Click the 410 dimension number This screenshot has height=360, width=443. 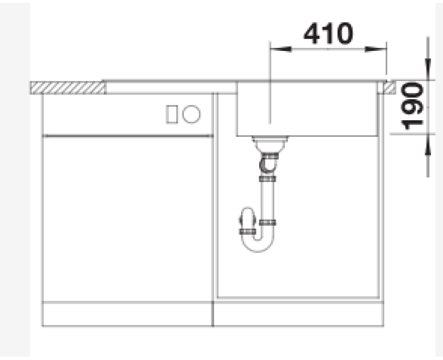point(328,33)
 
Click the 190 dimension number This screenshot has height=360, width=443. point(412,106)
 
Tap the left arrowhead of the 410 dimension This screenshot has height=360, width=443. point(281,49)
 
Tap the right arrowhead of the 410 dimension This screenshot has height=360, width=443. point(375,49)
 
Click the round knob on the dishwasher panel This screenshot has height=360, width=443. point(191,114)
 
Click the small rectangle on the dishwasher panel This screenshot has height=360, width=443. point(172,114)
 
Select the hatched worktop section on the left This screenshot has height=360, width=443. point(67,88)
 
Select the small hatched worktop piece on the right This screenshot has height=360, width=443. point(390,88)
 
